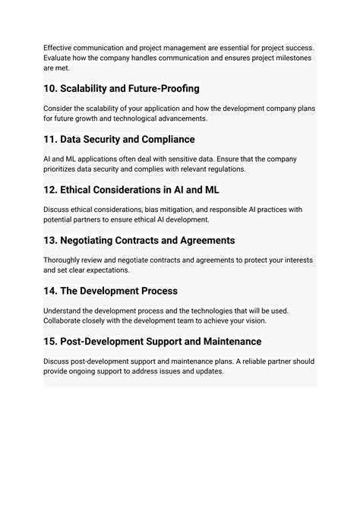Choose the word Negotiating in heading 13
coord(96,241)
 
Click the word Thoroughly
coord(67,260)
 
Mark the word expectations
coord(106,271)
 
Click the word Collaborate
coord(68,322)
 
